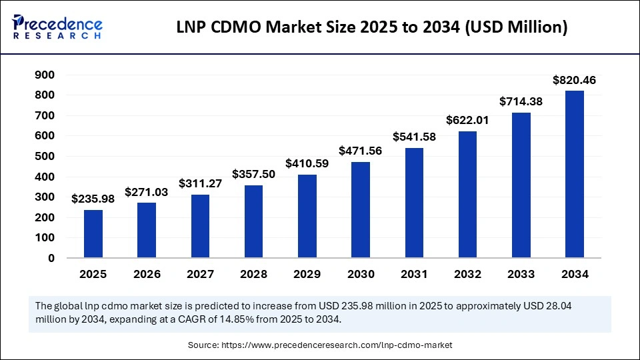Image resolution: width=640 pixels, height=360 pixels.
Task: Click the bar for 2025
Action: tap(93, 234)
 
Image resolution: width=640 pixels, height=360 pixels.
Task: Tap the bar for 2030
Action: tap(361, 210)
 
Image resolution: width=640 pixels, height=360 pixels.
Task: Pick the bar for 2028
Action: tap(253, 221)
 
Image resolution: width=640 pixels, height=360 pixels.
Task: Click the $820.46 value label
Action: tap(574, 81)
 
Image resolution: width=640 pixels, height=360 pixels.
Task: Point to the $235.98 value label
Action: tap(93, 199)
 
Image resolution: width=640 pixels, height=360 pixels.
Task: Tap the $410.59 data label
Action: tap(307, 163)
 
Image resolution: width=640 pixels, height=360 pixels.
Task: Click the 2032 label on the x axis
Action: tap(467, 274)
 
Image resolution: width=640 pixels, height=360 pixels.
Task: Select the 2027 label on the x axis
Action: tap(200, 274)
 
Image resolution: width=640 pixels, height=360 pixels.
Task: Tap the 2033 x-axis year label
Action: tap(521, 274)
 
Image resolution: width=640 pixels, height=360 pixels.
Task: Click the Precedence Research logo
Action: tap(57, 27)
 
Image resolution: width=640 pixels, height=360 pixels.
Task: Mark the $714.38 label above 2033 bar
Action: tap(521, 102)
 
